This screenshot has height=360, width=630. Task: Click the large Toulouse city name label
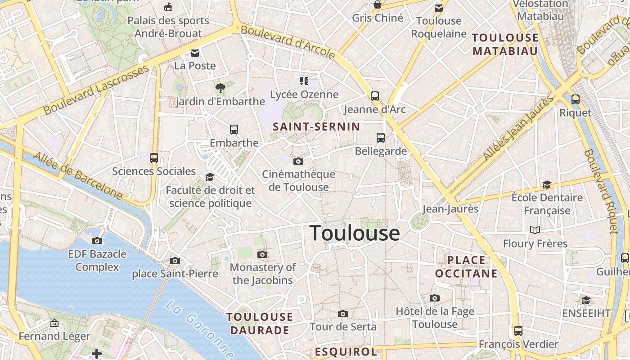pos(355,233)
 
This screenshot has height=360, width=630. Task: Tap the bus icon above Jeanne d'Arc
pos(374,96)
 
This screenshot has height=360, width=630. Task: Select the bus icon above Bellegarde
pos(381,138)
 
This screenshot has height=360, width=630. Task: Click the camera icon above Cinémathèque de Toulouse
pos(298,161)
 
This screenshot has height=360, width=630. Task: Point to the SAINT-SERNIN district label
pos(316,127)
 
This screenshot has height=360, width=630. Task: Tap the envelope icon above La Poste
pos(195,53)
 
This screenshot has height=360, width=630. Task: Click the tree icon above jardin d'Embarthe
pos(220,88)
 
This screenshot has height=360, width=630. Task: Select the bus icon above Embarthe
pos(234,130)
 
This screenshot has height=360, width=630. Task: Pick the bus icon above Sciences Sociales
pos(154,158)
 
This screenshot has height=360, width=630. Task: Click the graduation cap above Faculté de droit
pos(210,177)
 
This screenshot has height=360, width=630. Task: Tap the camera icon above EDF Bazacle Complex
pos(97,241)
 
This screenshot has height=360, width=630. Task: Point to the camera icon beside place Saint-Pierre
pos(175,261)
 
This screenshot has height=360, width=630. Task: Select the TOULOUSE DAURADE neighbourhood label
pos(260,324)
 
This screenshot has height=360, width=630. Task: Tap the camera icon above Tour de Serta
pos(343,314)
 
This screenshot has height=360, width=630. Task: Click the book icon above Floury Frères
pos(535,230)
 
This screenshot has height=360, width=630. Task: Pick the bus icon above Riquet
pos(575,99)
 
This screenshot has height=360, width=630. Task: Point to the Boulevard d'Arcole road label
pos(288,42)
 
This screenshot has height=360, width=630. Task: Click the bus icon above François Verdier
pos(518,331)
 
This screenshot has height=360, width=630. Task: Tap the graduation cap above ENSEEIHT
pos(586,300)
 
